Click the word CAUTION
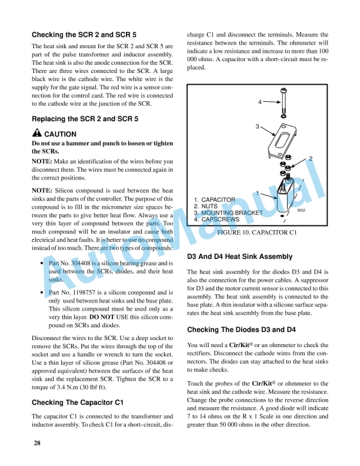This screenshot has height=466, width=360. [x=61, y=134]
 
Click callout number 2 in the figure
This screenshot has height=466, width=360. [x=311, y=158]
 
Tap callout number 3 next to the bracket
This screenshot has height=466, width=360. [x=256, y=127]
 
